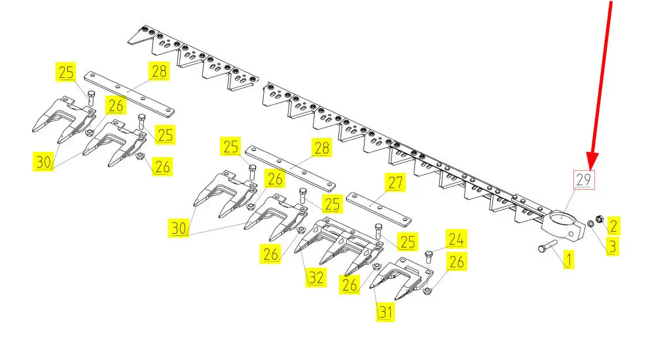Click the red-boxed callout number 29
coord(584,180)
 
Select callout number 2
coord(613,226)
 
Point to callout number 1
coord(569,260)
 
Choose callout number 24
coord(456,239)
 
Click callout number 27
coord(395,182)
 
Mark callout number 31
coord(386,312)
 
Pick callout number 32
coord(316,278)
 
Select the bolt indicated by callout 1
coord(548,246)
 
